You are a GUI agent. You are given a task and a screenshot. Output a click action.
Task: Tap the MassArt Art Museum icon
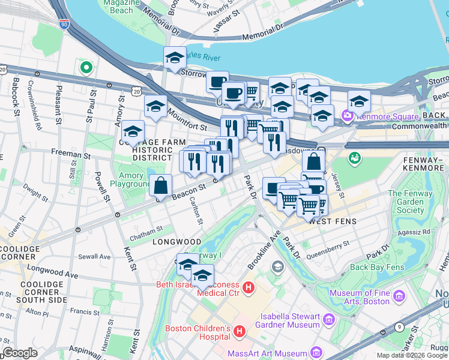coord(316,353)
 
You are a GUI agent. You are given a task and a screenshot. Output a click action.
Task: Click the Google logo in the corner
coord(20,353)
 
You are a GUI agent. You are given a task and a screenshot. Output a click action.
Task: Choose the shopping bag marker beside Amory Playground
coord(161,187)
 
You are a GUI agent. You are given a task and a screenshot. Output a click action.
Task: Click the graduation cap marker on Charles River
coord(175,58)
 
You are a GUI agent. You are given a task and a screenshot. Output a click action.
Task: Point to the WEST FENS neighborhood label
coord(333,221)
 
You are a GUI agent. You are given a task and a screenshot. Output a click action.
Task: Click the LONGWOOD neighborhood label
coord(176,241)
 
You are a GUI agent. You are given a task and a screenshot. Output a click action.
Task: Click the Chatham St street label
coord(146,230)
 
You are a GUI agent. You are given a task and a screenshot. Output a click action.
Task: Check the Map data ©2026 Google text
coord(412,355)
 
